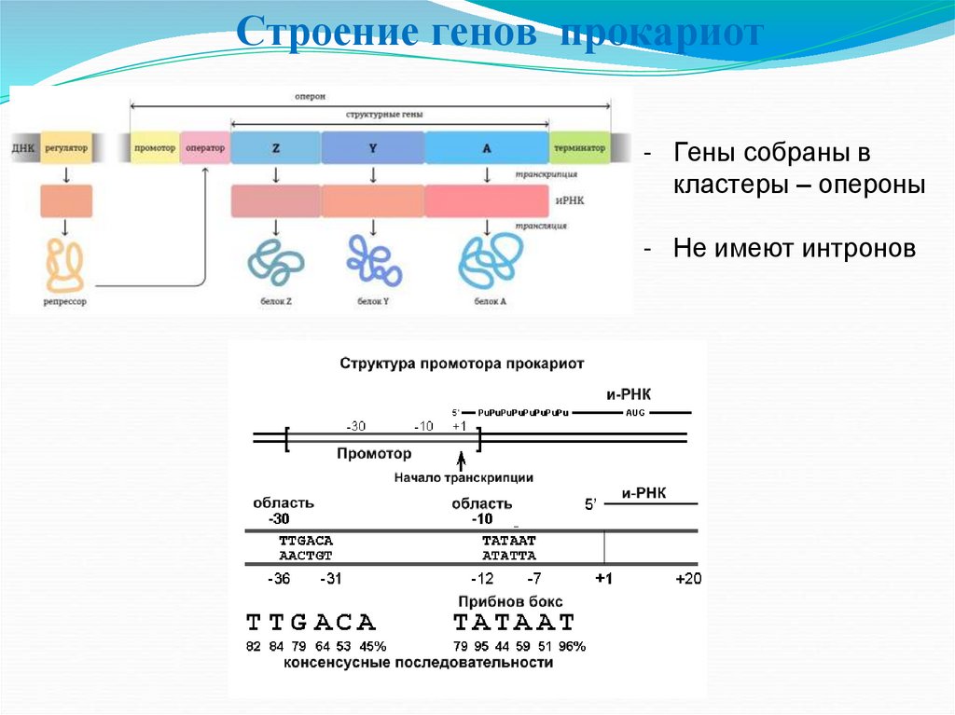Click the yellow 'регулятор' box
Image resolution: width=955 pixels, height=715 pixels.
(66, 148)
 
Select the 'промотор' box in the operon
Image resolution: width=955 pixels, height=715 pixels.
(155, 148)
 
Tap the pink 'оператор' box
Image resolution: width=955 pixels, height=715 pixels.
(204, 148)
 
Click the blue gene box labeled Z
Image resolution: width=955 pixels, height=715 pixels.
(276, 148)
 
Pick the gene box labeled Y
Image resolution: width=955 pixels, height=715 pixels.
(373, 148)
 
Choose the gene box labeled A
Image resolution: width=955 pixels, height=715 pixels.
(486, 148)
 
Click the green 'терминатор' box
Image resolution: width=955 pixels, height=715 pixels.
(579, 148)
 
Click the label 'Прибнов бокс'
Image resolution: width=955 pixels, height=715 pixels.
(510, 601)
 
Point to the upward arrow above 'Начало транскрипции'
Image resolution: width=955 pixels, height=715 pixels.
(461, 461)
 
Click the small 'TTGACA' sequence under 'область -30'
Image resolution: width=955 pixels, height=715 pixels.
(305, 541)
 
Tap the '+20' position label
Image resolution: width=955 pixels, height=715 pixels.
(688, 579)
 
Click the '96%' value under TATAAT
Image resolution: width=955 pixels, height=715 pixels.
(572, 646)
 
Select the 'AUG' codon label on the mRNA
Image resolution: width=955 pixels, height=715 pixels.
(635, 412)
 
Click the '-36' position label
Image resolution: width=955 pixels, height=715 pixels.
(279, 579)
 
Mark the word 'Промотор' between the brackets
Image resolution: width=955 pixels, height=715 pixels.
(373, 454)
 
